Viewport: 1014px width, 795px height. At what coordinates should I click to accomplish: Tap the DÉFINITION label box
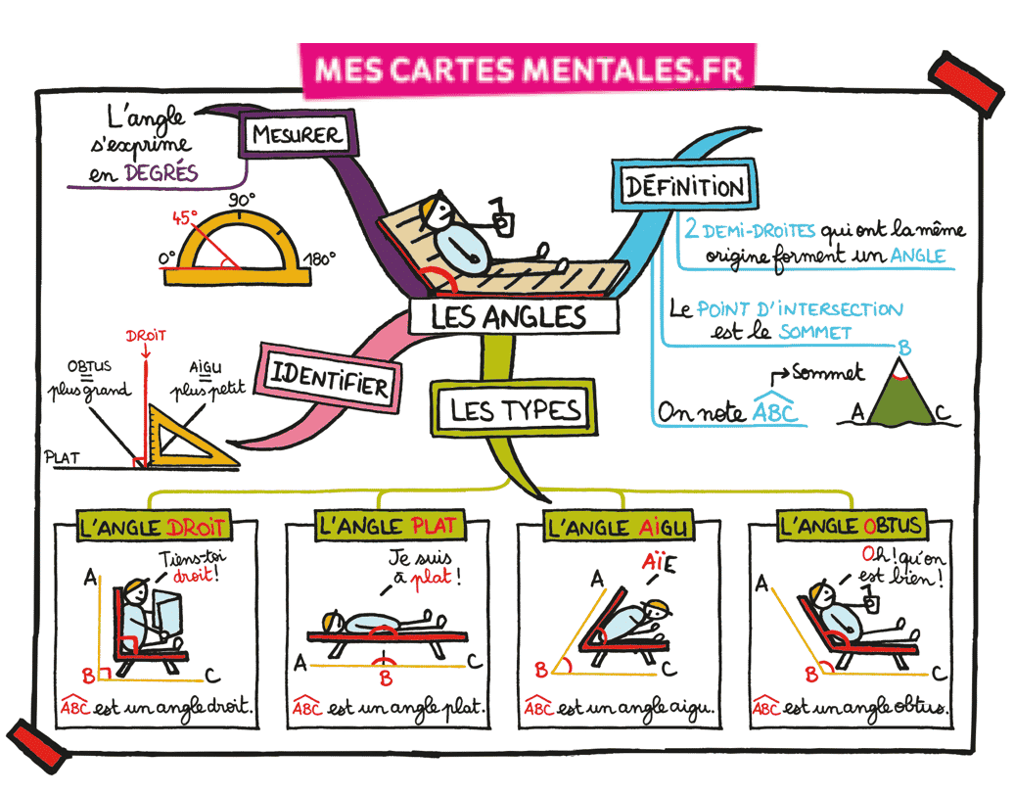[x=683, y=186]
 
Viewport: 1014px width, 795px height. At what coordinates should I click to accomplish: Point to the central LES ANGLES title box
[x=509, y=316]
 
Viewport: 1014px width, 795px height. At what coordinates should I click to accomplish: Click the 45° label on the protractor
[x=185, y=216]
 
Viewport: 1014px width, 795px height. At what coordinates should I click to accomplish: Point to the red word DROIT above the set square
[x=146, y=335]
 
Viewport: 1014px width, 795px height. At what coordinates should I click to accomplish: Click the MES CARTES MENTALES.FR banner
[x=529, y=69]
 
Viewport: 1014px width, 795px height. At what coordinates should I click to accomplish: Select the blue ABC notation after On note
[x=775, y=412]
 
